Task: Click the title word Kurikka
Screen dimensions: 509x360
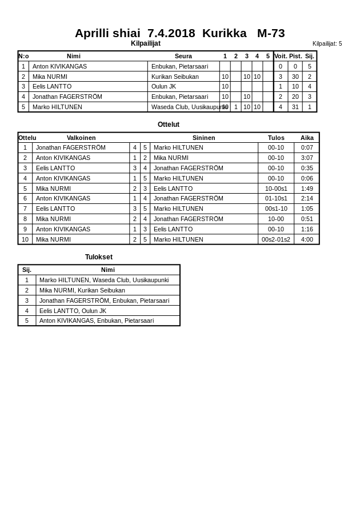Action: [x=224, y=33]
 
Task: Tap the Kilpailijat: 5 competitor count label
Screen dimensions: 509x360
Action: [x=327, y=43]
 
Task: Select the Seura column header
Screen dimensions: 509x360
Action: [x=183, y=56]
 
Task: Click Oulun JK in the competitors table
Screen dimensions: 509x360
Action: [x=163, y=86]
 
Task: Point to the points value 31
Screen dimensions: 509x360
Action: [x=295, y=107]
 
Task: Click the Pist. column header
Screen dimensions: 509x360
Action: [x=295, y=56]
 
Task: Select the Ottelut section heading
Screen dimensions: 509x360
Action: [x=169, y=125]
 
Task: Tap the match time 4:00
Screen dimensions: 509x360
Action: [x=307, y=239]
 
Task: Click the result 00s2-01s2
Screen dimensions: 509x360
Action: [x=276, y=239]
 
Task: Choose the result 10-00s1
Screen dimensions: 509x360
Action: [x=276, y=189]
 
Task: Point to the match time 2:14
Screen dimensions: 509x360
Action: [x=307, y=198]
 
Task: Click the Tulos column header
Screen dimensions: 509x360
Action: [x=276, y=138]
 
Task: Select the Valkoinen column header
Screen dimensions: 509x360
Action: [x=81, y=138]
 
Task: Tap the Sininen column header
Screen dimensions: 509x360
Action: [x=204, y=138]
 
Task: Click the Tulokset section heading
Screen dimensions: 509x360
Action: [x=99, y=257]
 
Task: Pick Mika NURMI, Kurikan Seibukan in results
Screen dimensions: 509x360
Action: [x=82, y=290]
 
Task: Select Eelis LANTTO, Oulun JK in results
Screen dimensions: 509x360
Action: [x=73, y=311]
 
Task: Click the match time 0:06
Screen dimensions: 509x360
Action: [x=307, y=178]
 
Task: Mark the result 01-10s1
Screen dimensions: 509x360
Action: [x=276, y=198]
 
